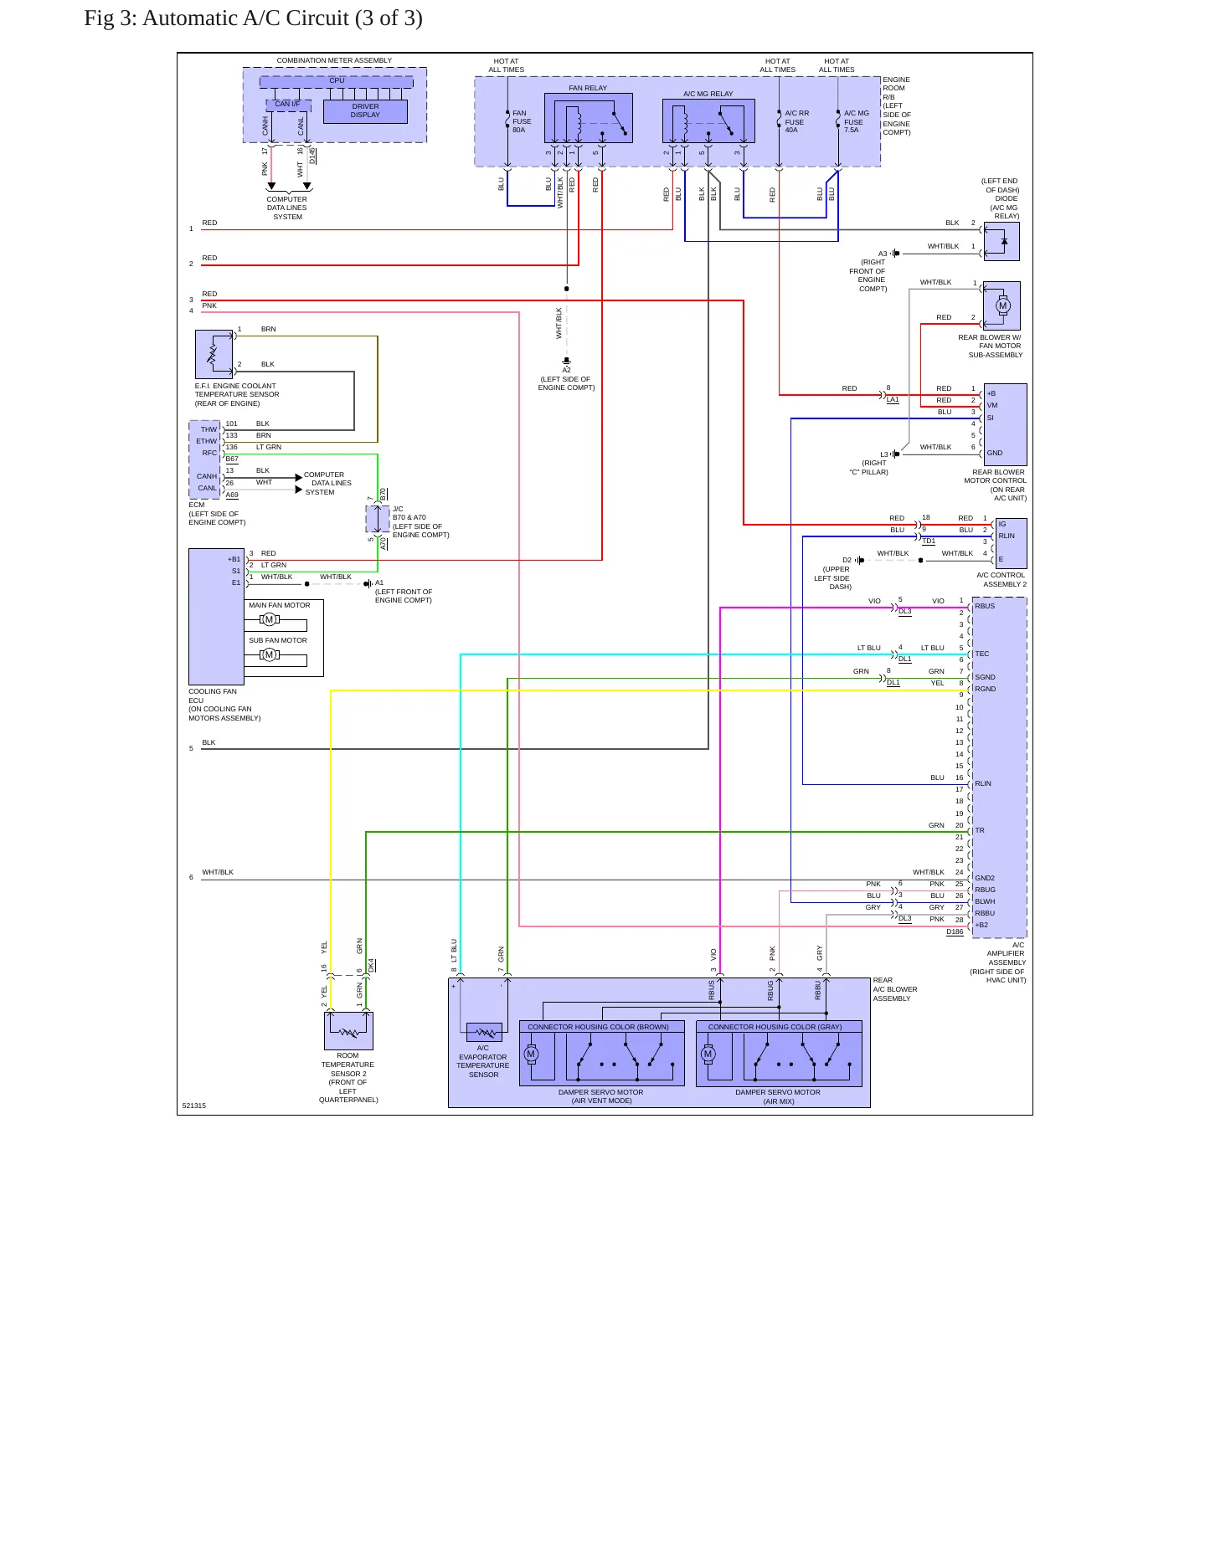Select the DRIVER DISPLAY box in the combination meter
tap(365, 111)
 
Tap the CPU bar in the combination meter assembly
tap(337, 81)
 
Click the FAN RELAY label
tap(588, 88)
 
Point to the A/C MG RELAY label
tap(708, 94)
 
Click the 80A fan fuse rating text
tap(519, 130)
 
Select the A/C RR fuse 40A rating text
tap(791, 130)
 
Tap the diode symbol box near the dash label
tap(1001, 241)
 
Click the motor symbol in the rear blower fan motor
tap(1002, 305)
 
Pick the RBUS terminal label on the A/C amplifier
tap(985, 606)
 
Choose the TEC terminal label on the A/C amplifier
tap(981, 654)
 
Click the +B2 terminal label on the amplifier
tap(981, 925)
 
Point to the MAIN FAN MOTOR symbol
tap(269, 619)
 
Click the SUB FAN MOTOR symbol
tap(269, 654)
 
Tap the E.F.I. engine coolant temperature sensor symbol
tap(214, 354)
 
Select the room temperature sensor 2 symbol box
tap(348, 1031)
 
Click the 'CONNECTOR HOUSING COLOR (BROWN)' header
tap(598, 1027)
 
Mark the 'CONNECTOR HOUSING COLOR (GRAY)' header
tap(775, 1027)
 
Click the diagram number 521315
tap(193, 1106)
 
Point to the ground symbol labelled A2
tap(567, 362)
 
